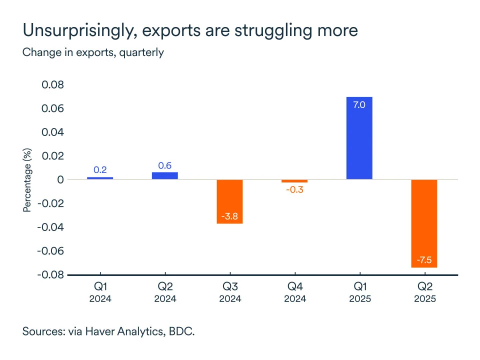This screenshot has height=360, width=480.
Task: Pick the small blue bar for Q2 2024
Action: [x=164, y=175]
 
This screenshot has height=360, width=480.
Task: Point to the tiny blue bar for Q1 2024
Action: [x=100, y=178]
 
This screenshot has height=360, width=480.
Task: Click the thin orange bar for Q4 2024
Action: [x=294, y=181]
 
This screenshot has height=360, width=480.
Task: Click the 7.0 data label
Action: [x=359, y=105]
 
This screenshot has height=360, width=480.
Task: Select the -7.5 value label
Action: [x=424, y=260]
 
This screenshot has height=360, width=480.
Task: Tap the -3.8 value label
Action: [x=229, y=216]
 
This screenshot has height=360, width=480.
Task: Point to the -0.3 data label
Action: [x=294, y=190]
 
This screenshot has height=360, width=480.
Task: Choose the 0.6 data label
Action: [x=164, y=165]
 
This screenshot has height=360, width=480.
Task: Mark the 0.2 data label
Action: [x=100, y=170]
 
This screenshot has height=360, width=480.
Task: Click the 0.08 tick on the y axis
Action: [x=52, y=85]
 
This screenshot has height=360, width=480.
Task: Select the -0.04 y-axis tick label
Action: [x=50, y=227]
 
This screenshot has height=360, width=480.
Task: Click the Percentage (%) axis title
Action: [x=27, y=179]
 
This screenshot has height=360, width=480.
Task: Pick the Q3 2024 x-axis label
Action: [x=229, y=293]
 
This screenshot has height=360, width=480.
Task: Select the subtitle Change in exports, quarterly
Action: [x=93, y=52]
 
